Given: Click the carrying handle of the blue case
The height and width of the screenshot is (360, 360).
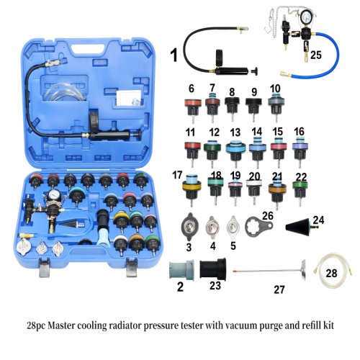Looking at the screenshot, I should click(x=84, y=23).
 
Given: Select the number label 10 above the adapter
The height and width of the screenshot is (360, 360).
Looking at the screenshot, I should click(x=275, y=89).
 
